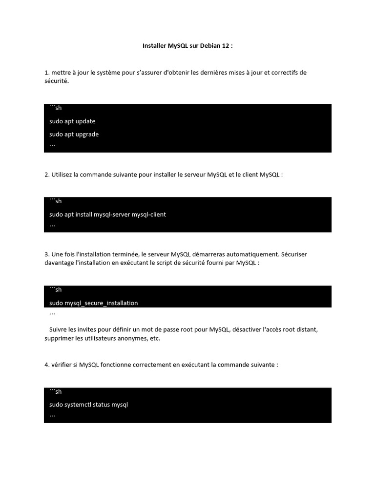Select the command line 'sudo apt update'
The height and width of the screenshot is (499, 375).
pos(72,121)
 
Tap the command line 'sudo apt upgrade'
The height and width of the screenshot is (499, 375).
pos(74,134)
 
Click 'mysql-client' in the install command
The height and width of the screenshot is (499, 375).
pos(149,214)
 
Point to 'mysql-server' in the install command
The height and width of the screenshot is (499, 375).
pos(110,214)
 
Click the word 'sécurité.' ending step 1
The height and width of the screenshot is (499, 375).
pos(57,81)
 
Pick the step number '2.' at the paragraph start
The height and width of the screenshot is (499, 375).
pos(47,174)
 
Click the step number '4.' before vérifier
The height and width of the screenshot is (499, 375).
pos(47,365)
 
